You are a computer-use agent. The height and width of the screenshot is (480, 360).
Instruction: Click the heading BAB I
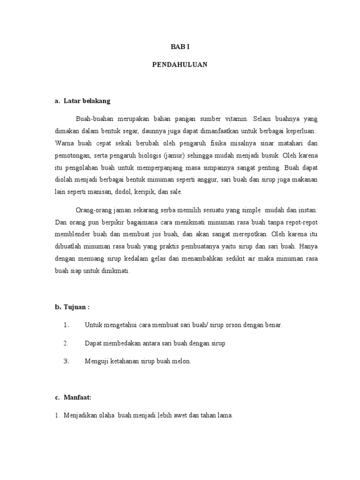click(x=180, y=47)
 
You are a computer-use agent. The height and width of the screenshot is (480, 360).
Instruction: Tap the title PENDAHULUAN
click(x=180, y=65)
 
